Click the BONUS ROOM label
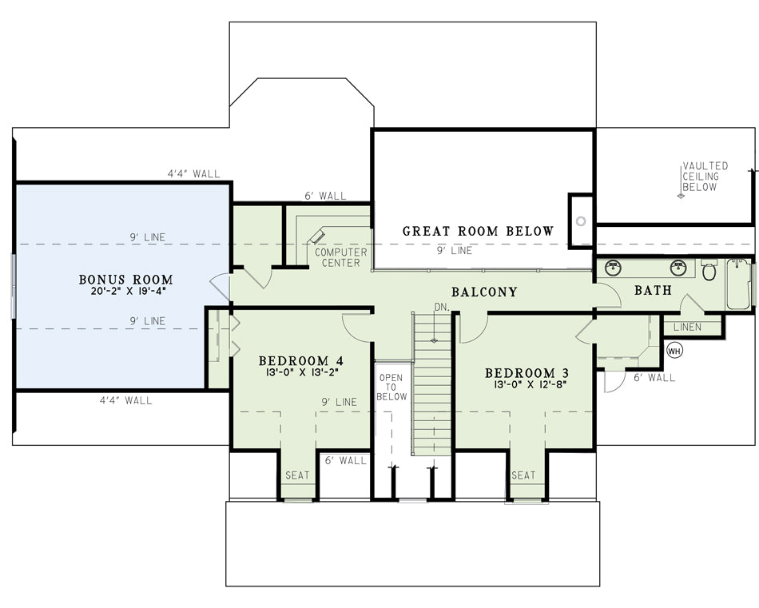point(126,280)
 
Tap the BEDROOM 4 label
point(301,360)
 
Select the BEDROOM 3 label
point(527,373)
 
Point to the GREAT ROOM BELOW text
point(478,231)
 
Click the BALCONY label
point(484,292)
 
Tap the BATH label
point(653,290)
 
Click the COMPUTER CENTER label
point(341,257)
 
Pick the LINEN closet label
point(687,327)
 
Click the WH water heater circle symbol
point(675,351)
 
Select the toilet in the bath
point(709,270)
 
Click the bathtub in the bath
point(738,284)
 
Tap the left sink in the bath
point(614,267)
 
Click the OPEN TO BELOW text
point(391,387)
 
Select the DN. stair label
point(442,307)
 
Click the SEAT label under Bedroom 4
point(297,475)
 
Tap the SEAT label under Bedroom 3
point(524,475)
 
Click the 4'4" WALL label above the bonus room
point(193,173)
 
